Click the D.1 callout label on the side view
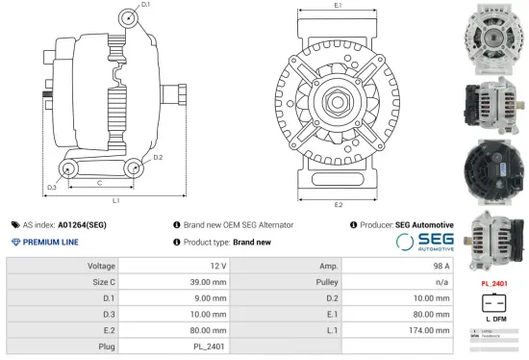point(145,5)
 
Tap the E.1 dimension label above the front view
point(338,6)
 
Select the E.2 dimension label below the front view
point(338,205)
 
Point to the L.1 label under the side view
point(114,200)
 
